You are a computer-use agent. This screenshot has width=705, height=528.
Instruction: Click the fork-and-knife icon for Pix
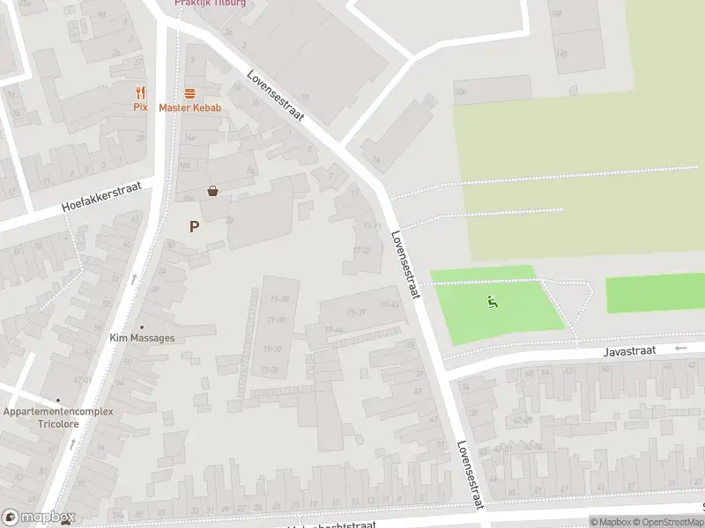(140, 92)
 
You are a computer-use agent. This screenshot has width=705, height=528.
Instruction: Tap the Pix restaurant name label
(140, 107)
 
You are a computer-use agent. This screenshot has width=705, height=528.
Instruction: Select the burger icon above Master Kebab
(189, 92)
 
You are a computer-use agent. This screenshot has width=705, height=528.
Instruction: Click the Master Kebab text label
(189, 107)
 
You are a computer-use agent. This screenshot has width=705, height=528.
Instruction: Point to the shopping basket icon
(212, 190)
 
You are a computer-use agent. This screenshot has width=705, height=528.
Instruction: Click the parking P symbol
(194, 226)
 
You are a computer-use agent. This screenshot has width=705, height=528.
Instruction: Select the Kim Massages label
(142, 338)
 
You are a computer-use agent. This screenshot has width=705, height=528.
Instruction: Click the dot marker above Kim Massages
(141, 326)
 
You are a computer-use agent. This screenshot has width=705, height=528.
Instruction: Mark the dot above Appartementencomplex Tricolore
(58, 400)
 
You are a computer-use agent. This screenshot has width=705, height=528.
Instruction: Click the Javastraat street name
(629, 350)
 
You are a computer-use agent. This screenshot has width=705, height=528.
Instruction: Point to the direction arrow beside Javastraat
(680, 348)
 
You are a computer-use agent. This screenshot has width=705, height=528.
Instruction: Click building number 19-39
(356, 312)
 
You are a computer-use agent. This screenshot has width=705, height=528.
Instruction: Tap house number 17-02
(360, 251)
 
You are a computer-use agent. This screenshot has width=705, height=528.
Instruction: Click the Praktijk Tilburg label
(210, 3)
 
